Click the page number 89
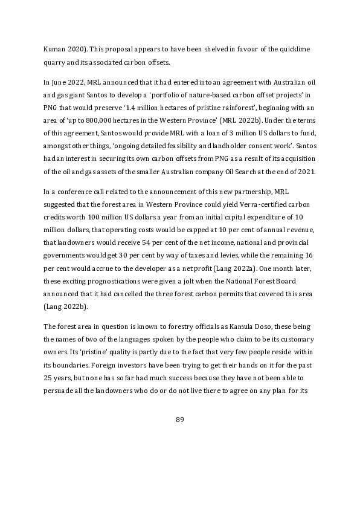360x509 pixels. (x=179, y=420)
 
